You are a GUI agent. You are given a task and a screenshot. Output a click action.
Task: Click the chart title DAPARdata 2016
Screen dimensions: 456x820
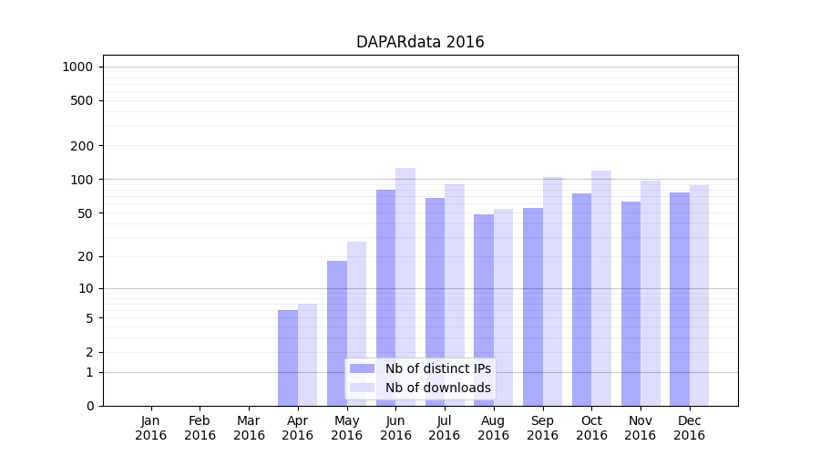[420, 43]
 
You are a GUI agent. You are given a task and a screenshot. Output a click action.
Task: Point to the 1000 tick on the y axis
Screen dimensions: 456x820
[77, 67]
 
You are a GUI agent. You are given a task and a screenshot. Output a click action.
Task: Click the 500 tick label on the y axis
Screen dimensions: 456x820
[82, 100]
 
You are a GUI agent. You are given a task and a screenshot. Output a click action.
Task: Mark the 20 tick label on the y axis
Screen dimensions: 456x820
[85, 256]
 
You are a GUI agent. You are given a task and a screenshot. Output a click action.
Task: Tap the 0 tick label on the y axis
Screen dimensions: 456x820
[89, 406]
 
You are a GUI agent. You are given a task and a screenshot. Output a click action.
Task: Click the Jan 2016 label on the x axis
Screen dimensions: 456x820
[151, 428]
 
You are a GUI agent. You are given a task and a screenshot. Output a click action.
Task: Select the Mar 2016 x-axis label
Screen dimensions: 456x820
[249, 428]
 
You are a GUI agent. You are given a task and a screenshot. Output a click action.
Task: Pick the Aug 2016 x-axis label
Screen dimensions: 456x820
[494, 428]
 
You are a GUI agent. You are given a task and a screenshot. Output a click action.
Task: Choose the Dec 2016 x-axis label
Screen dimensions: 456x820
[689, 428]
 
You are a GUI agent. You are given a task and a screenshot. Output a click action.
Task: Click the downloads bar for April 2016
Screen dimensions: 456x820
[308, 355]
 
